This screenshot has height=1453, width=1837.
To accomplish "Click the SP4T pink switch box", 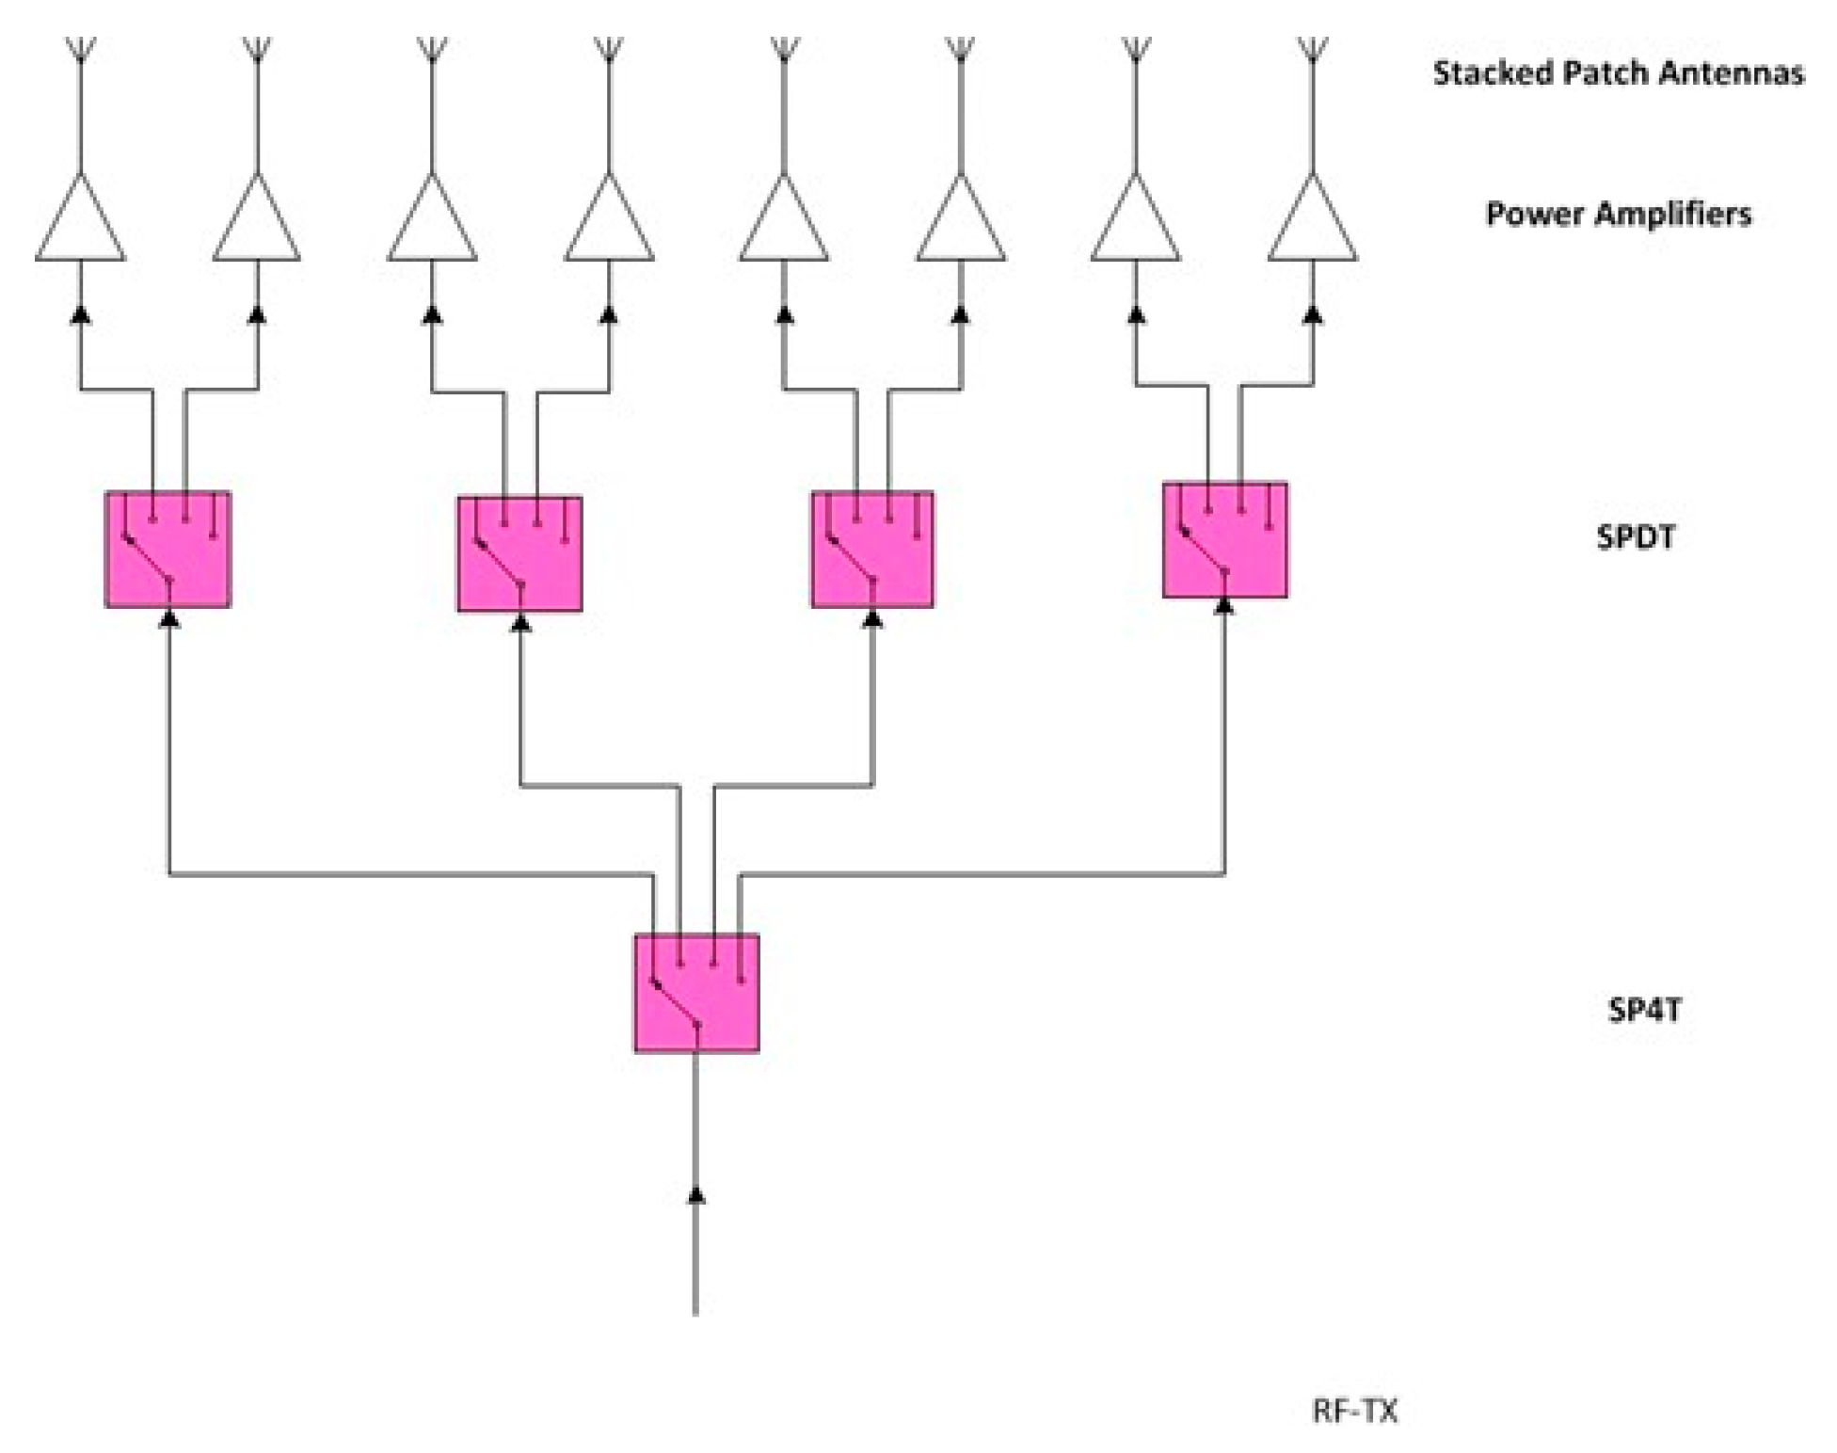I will (x=696, y=992).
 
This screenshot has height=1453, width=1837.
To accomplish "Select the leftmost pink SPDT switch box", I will (x=168, y=550).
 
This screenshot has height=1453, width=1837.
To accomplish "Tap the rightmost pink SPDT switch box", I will (x=1224, y=540).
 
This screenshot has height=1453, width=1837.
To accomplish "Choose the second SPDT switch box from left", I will (x=519, y=554).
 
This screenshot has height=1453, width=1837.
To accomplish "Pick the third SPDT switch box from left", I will (x=872, y=550).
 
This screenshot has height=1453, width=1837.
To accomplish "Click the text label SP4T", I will (x=1644, y=1010).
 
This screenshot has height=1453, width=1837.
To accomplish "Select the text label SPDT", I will (x=1636, y=537).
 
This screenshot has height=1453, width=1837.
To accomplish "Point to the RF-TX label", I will (x=1354, y=1411).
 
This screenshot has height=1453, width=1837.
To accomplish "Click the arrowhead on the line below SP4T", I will (x=695, y=1195).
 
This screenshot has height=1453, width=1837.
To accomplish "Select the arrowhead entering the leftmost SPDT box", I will (x=169, y=618).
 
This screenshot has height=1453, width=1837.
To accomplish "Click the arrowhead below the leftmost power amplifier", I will (x=81, y=314).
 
